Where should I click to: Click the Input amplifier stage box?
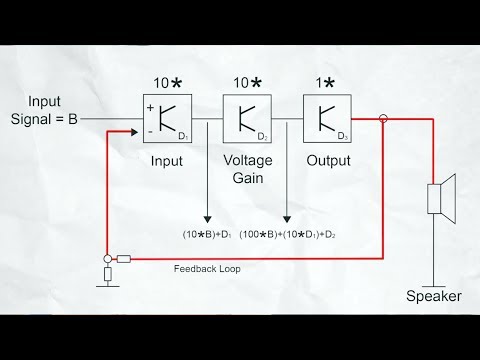pos(165,118)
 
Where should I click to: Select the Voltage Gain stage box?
pos(249,118)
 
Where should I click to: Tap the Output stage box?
pos(329,118)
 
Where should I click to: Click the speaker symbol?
pos(441,195)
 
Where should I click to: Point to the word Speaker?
pos(434,297)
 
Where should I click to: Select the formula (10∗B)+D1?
pos(207,233)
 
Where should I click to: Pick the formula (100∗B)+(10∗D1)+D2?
pos(287,233)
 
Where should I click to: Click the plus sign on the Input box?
pos(150,106)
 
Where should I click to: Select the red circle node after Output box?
pos(381,119)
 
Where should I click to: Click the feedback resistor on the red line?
pos(123,259)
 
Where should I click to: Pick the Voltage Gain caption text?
pos(246,167)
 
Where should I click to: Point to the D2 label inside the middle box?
pos(261,135)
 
